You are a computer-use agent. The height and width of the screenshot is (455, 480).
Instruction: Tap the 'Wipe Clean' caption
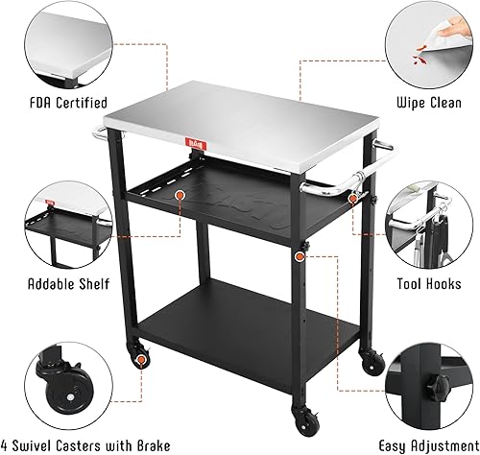pyautogui.click(x=425, y=101)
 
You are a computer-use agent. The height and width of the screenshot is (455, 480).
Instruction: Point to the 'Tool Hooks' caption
pyautogui.click(x=424, y=285)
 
